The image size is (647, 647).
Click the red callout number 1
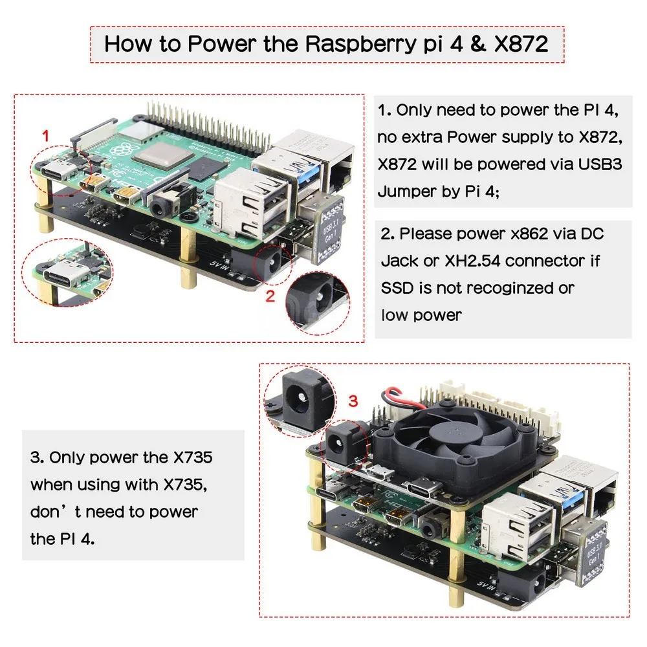pyautogui.click(x=45, y=136)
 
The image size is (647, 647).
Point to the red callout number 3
pyautogui.click(x=353, y=401)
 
